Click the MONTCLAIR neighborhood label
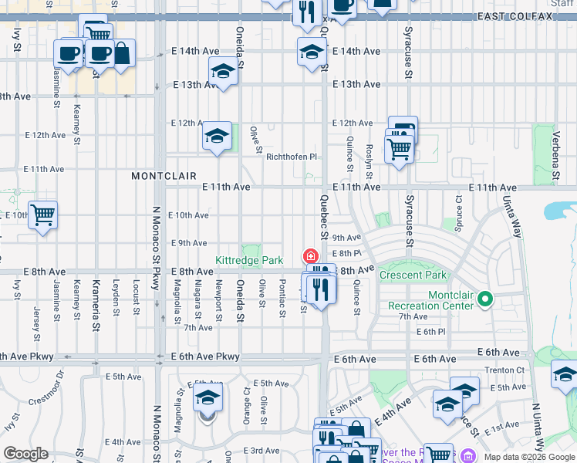tap(164, 176)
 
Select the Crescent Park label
tap(413, 275)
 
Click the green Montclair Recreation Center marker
tap(484, 298)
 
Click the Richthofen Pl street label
tap(292, 157)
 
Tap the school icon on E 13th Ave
tap(223, 72)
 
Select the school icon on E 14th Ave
tap(311, 52)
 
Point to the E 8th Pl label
tap(346, 253)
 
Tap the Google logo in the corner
tap(25, 454)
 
